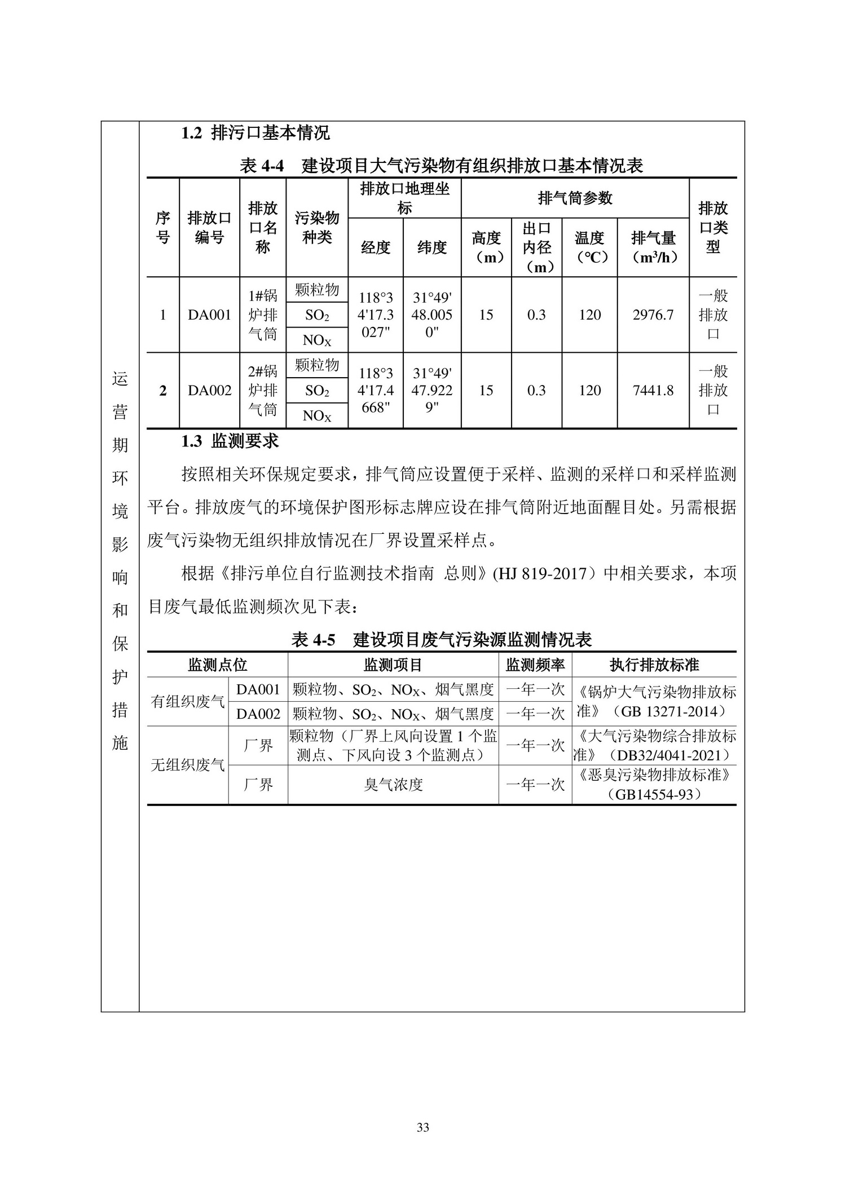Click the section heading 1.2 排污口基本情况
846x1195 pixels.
(x=255, y=134)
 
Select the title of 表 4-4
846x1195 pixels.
(x=442, y=166)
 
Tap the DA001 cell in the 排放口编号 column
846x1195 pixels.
(x=209, y=315)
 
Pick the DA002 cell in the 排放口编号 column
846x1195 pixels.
(x=209, y=391)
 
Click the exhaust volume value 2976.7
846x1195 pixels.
(x=653, y=315)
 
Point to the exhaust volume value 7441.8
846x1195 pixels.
(x=653, y=391)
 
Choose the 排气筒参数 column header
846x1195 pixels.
(x=575, y=198)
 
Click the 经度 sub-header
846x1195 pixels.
(x=375, y=247)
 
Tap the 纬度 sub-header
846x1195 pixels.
(x=432, y=247)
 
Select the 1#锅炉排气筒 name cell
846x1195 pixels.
(x=263, y=315)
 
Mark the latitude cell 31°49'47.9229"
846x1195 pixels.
(x=432, y=391)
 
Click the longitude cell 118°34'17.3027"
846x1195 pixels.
(x=376, y=315)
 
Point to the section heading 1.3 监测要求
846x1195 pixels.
(x=230, y=441)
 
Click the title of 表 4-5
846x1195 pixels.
(x=442, y=640)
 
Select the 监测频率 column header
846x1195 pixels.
(x=535, y=665)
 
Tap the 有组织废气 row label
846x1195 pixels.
(x=188, y=702)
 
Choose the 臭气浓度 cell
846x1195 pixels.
(x=393, y=785)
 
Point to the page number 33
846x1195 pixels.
(x=423, y=1127)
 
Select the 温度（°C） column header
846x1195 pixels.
(x=589, y=247)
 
